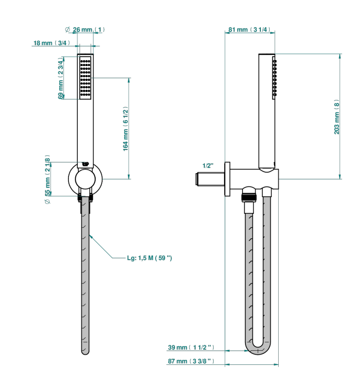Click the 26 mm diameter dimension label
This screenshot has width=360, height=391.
(85, 30)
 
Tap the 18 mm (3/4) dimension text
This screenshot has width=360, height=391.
(52, 43)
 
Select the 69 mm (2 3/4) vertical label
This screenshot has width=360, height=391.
(60, 78)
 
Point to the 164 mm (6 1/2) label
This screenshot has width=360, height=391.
(125, 129)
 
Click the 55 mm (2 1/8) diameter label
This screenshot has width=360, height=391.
(47, 179)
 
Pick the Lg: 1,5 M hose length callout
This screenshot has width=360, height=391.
(149, 258)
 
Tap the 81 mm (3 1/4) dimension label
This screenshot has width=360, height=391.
(249, 30)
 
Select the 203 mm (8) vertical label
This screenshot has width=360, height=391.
(337, 117)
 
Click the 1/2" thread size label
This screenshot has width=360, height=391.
(208, 166)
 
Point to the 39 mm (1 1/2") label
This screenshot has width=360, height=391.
(191, 347)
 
